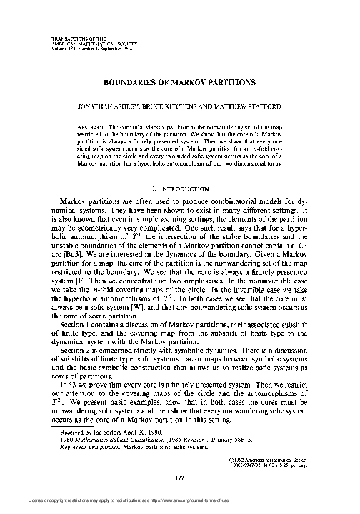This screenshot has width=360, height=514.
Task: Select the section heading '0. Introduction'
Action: click(x=179, y=188)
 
